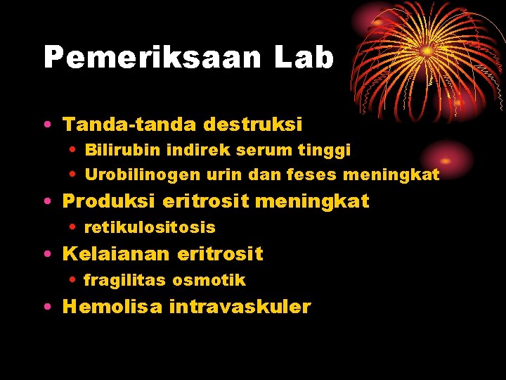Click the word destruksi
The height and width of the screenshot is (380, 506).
click(x=253, y=125)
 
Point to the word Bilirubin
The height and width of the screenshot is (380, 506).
click(x=122, y=150)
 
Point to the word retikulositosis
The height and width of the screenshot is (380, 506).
click(x=150, y=227)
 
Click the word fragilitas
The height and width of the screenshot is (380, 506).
click(x=125, y=280)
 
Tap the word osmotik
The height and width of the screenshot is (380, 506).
click(x=209, y=280)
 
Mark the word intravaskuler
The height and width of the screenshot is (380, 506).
click(x=240, y=307)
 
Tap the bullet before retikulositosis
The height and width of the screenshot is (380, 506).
click(x=74, y=228)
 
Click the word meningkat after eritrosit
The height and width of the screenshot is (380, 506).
click(x=312, y=201)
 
